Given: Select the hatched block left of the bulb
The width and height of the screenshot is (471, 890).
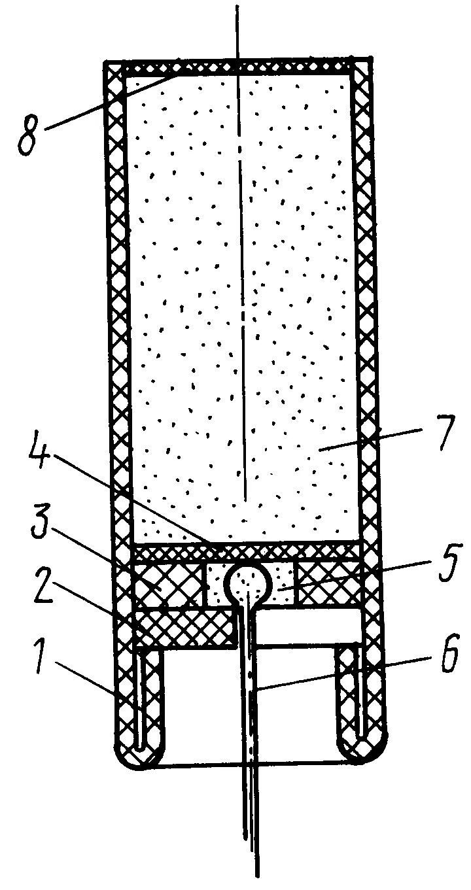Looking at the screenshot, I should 167,584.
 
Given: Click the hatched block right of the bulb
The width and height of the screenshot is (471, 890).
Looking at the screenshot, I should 327,581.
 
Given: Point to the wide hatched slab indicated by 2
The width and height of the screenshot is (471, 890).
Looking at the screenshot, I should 183,626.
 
